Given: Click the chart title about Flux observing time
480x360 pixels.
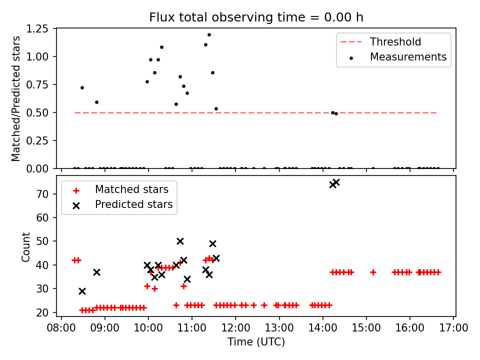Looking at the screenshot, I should [x=256, y=17].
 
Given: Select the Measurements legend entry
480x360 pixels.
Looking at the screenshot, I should [x=408, y=57].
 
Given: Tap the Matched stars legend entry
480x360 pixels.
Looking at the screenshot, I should [x=131, y=189].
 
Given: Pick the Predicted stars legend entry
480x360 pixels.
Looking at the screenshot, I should [x=133, y=204].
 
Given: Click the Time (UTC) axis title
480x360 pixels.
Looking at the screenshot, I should [x=256, y=342].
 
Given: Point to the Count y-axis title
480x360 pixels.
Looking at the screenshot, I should [x=25, y=247].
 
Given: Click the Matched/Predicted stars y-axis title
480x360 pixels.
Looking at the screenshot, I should [x=16, y=98].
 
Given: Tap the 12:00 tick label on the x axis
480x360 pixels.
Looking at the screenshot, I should [x=235, y=327].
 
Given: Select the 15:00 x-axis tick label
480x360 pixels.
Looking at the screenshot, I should [x=366, y=327].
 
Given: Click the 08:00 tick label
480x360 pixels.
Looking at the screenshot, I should [x=61, y=327].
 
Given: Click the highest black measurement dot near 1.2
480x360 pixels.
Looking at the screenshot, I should [x=209, y=35].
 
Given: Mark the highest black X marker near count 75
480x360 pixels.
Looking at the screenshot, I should [x=336, y=182].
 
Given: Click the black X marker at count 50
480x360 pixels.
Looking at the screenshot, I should [x=180, y=241].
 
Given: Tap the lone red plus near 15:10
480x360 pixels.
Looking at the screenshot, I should [x=373, y=272].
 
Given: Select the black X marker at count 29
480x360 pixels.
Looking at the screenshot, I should [x=82, y=291].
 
